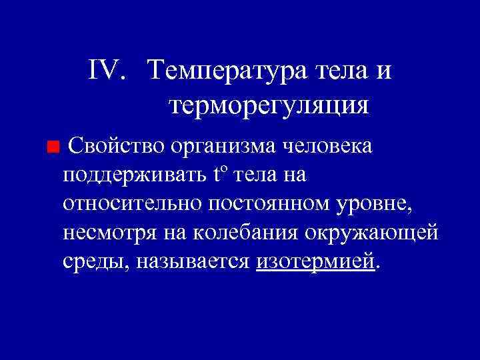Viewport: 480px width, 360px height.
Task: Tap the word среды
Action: [x=94, y=263]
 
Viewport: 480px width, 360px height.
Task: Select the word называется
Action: [x=194, y=262]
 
